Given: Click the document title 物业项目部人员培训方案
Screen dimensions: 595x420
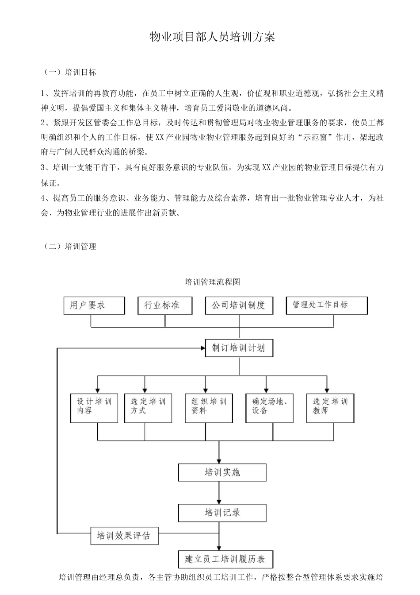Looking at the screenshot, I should [x=212, y=37].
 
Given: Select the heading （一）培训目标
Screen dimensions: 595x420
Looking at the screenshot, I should [x=70, y=72].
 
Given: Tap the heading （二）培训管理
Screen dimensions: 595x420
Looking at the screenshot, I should [x=70, y=247].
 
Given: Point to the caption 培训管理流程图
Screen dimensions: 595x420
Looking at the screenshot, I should [x=212, y=282].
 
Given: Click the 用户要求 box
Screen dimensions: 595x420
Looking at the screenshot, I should [x=94, y=305].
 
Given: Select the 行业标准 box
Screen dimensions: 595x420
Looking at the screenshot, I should [x=165, y=305].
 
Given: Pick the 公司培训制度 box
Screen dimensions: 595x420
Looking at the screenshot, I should [x=239, y=305].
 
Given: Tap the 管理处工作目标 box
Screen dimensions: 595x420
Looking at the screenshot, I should [x=327, y=305].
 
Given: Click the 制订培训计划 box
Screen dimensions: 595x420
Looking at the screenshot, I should [x=239, y=348].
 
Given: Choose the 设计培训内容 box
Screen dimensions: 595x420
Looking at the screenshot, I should [x=94, y=407].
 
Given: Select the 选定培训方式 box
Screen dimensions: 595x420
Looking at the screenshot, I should [x=148, y=407].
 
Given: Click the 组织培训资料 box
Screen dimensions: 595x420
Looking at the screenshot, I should [x=209, y=407].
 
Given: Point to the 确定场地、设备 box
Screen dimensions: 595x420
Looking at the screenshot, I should [x=270, y=407].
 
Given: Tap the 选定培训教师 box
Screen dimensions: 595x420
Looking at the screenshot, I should [x=331, y=407].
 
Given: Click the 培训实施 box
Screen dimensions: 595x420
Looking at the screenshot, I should [x=222, y=472].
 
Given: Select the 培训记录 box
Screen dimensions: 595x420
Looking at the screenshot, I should [x=222, y=513].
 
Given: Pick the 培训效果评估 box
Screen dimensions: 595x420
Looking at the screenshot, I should [x=124, y=536].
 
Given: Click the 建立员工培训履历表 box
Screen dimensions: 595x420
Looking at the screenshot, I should [x=225, y=559].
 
